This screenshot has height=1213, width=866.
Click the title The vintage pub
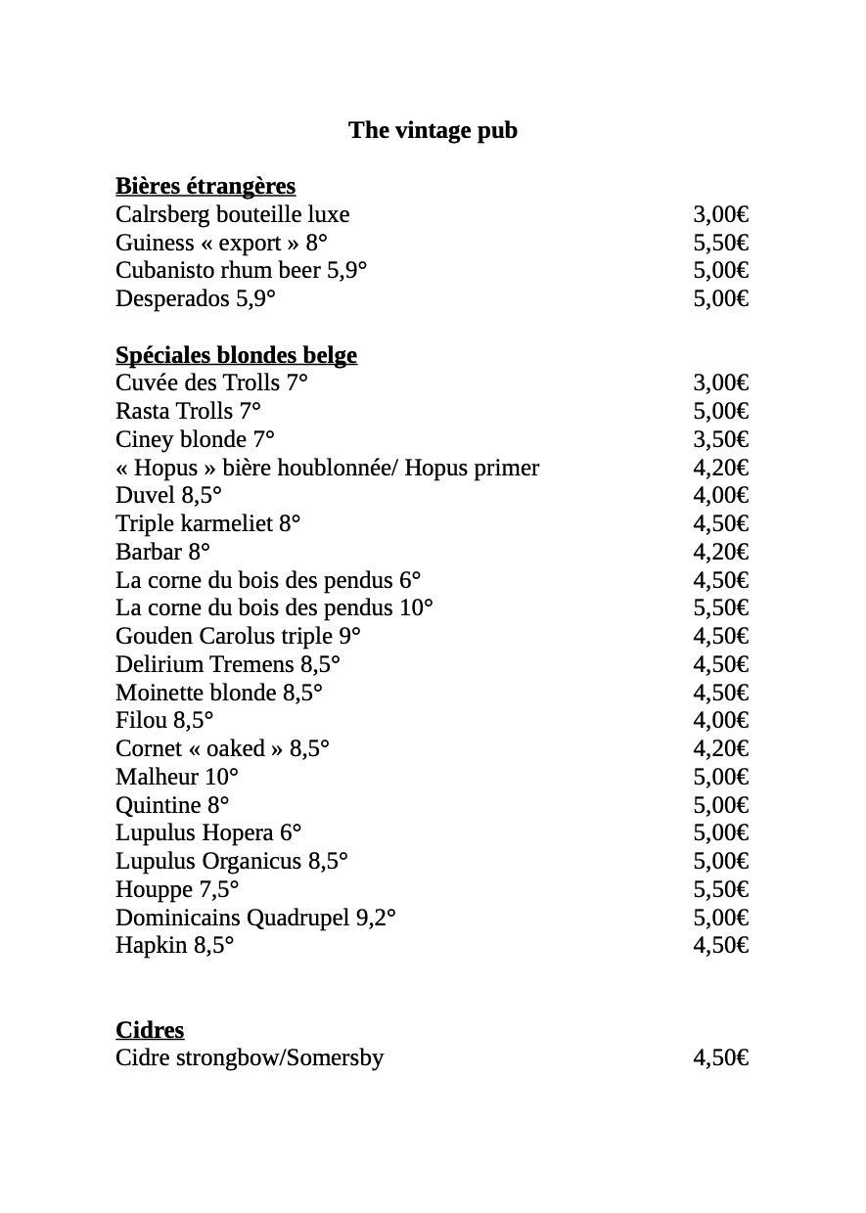tap(433, 130)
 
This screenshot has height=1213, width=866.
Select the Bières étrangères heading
tap(205, 186)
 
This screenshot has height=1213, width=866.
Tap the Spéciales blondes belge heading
tap(236, 355)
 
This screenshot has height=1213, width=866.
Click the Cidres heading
tap(150, 1030)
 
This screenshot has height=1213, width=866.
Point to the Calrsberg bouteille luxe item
tap(232, 214)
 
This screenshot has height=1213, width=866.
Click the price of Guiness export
tap(721, 243)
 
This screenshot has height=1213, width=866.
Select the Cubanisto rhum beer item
tap(241, 271)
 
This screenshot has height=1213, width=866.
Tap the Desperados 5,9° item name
tap(195, 299)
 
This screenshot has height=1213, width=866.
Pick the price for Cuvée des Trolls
tap(721, 383)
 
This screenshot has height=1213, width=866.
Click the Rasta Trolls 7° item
tap(188, 412)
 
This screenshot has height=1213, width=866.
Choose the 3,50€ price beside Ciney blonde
tap(721, 440)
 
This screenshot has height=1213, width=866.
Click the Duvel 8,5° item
tap(168, 496)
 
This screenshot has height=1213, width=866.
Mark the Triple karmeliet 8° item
tap(207, 524)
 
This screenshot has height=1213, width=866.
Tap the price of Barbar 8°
tap(721, 553)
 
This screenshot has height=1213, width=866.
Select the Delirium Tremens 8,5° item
tap(227, 665)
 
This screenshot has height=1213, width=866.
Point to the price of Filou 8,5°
tap(721, 721)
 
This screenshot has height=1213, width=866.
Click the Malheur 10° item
tap(177, 778)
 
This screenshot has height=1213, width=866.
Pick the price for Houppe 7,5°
tap(721, 890)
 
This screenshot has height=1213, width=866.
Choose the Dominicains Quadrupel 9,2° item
tap(255, 919)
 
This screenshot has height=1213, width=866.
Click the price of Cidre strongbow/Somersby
tap(721, 1058)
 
